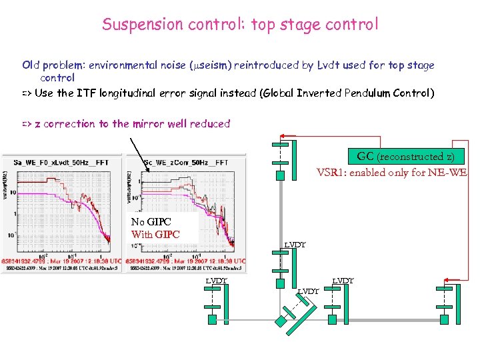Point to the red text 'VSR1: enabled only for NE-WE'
[x=392, y=172]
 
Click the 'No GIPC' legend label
[x=151, y=222]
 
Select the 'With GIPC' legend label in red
[x=155, y=235]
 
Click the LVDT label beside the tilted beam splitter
[x=308, y=291]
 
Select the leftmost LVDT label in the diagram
[x=217, y=281]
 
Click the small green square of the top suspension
[x=281, y=175]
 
